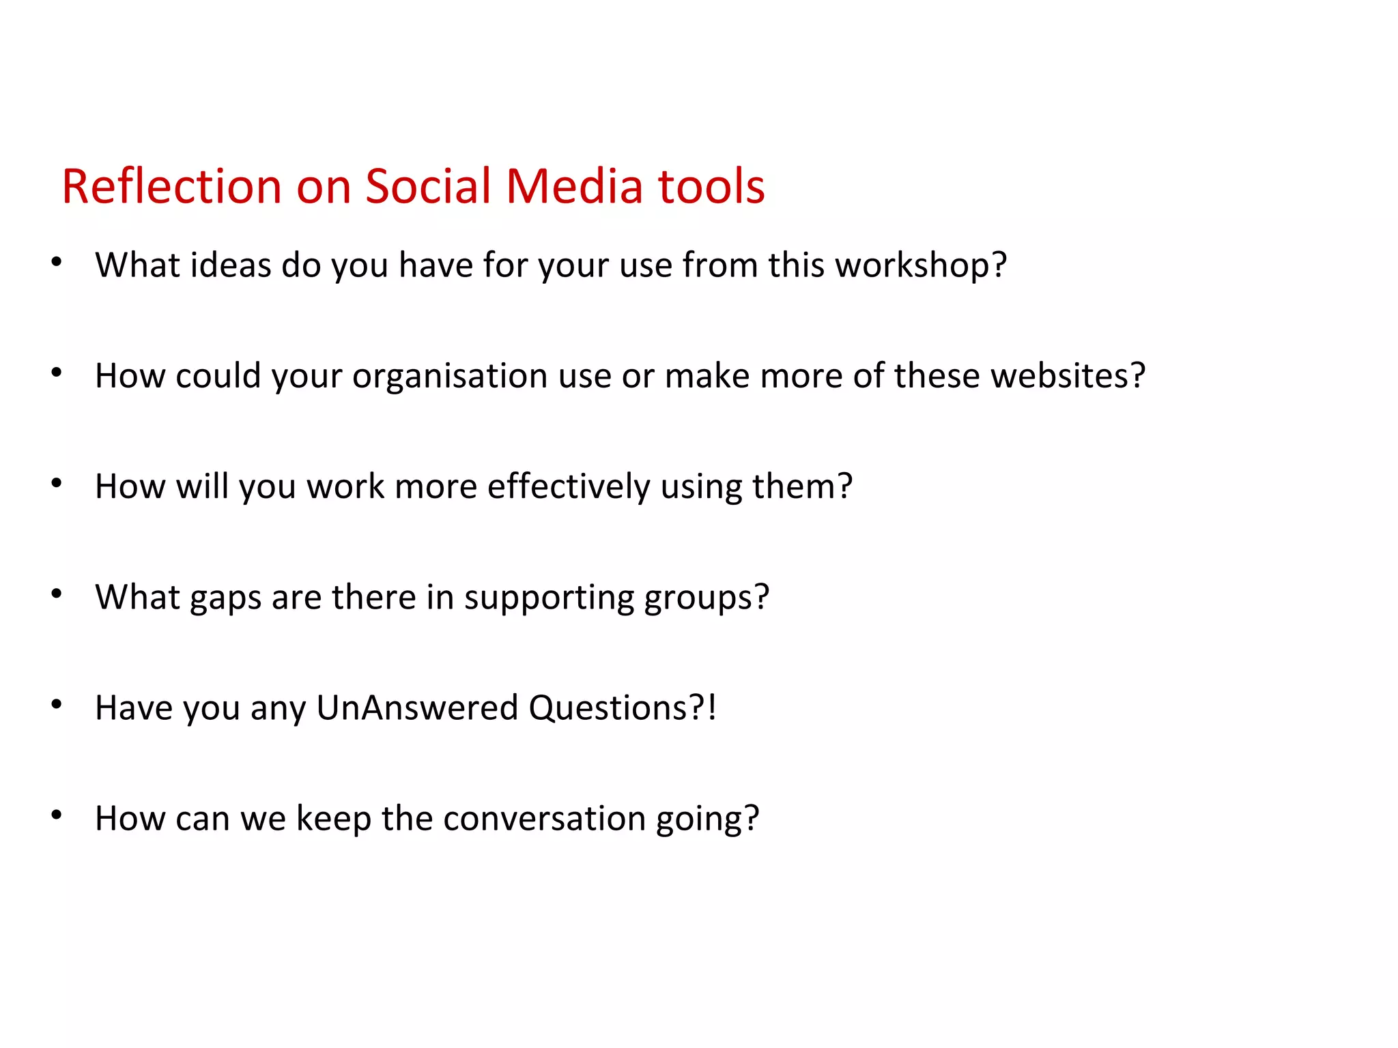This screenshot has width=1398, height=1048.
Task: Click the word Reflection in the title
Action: [171, 186]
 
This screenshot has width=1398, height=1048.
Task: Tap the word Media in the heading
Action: [574, 186]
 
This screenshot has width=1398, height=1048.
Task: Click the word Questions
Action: [608, 708]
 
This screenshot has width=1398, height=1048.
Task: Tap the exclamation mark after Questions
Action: [712, 708]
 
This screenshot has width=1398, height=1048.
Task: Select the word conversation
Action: [543, 818]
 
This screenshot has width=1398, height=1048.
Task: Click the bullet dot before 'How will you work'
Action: [57, 483]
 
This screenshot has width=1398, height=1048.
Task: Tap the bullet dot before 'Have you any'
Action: [57, 704]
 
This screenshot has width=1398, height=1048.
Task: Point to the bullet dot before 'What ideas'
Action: [57, 262]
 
